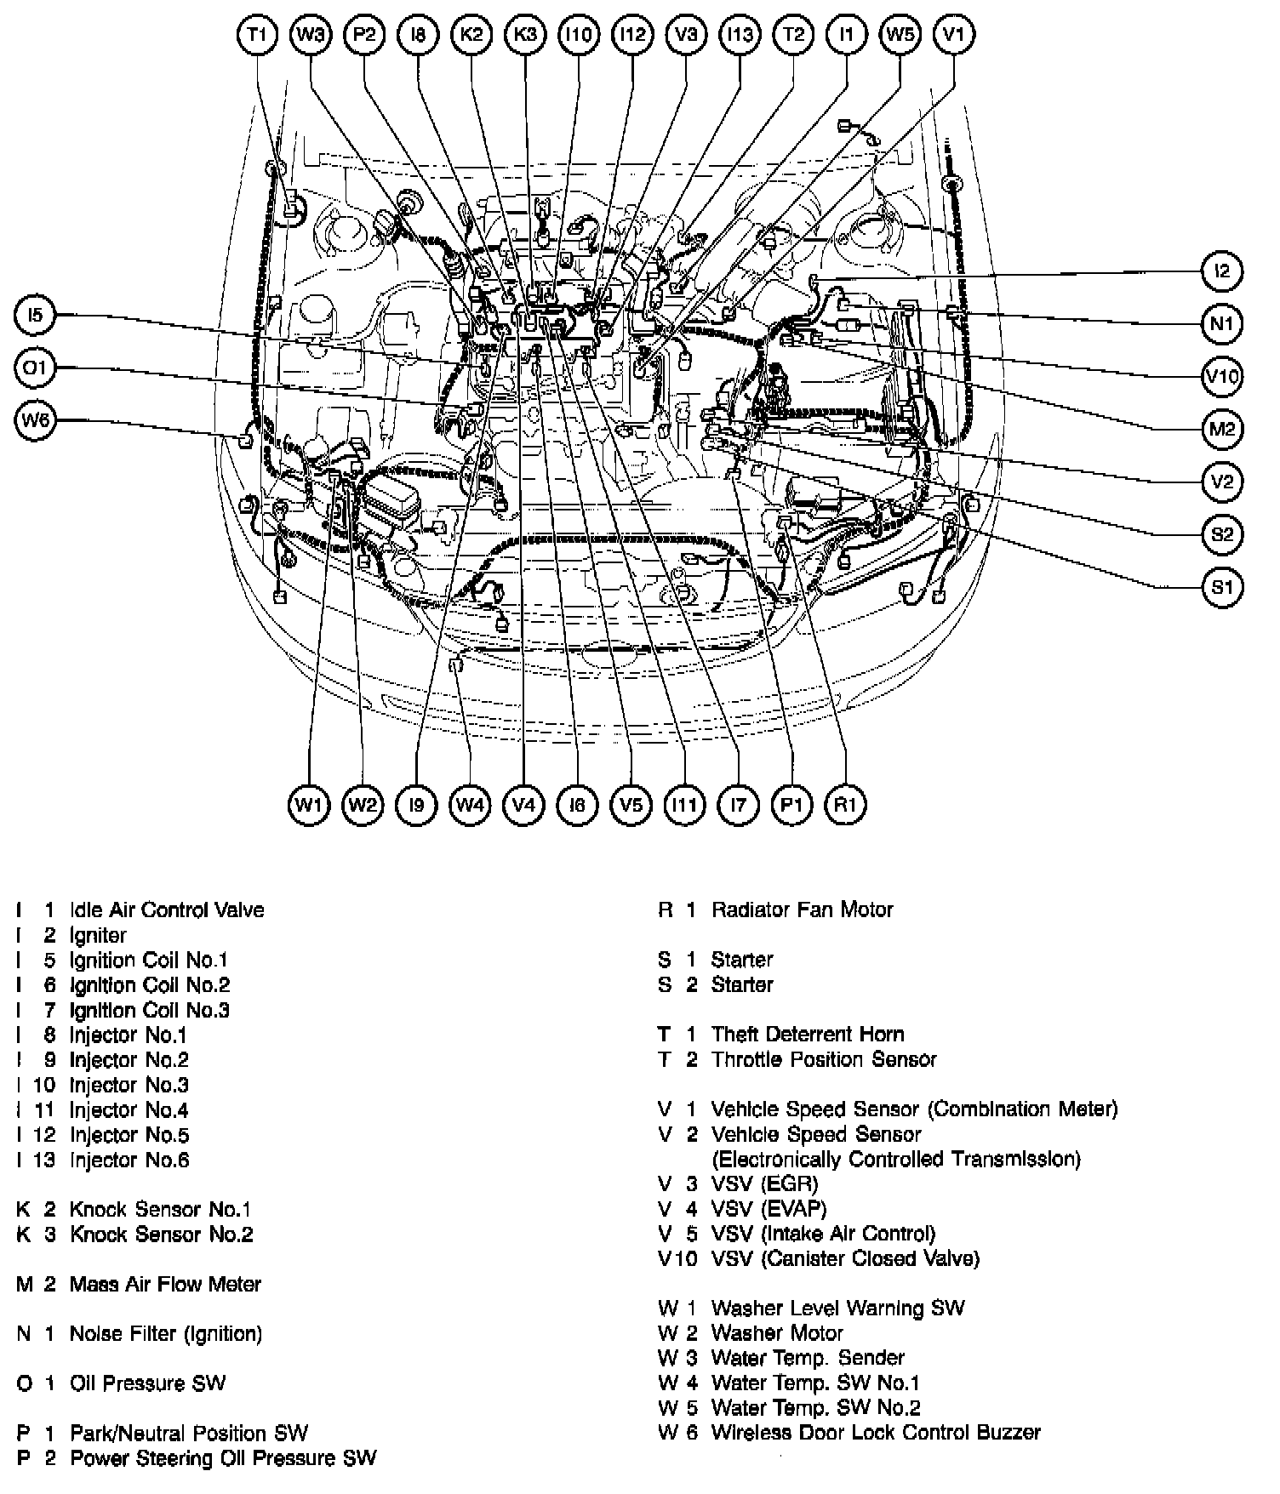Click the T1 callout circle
(257, 35)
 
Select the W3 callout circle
(311, 35)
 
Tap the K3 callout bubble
(525, 35)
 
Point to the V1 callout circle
(954, 35)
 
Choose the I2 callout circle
(1222, 271)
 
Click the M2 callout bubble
(1222, 429)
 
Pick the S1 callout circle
(1222, 587)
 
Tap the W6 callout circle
(36, 420)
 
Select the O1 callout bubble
(36, 368)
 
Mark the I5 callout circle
(36, 316)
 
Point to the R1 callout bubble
(845, 804)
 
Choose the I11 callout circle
(684, 804)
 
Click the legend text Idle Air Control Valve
(167, 910)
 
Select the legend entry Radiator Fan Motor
(802, 910)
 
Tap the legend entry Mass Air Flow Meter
(165, 1284)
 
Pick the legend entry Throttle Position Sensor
(823, 1059)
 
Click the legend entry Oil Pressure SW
(147, 1383)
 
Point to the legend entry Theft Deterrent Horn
(807, 1034)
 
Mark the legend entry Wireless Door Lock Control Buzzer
(875, 1433)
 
